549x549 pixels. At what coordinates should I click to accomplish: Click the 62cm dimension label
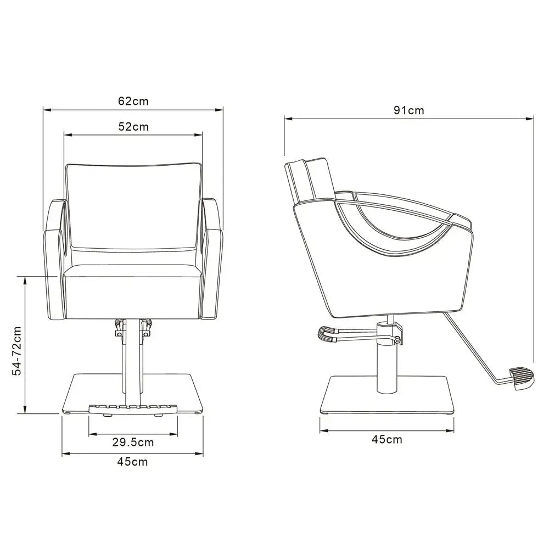point(133,101)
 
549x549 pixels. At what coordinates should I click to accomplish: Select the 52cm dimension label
point(133,126)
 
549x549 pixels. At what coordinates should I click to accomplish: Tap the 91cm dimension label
point(408,110)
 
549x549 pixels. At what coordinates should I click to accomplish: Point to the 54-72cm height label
point(18,351)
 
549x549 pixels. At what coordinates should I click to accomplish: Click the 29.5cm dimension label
point(133,442)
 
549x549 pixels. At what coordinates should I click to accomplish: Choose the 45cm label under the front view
point(132,462)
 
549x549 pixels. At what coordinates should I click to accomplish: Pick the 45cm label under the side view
point(386,439)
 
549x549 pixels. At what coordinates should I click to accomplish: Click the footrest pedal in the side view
point(521,378)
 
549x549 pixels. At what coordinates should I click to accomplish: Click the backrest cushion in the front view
point(133,211)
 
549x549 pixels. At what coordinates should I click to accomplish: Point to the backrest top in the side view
point(309,165)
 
